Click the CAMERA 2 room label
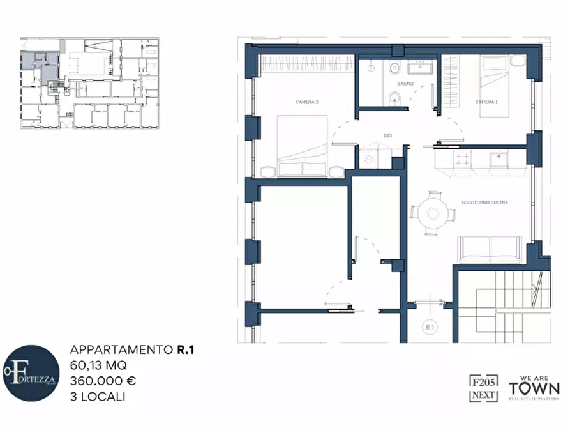pos(307,102)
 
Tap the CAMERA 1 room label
pos(486,102)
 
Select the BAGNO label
pos(405,84)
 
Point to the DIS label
pos(387,135)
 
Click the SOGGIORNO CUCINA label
pos(484,203)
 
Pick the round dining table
pos(433,212)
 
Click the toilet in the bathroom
pos(394,98)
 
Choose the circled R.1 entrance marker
pos(430,327)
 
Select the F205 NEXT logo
pos(484,388)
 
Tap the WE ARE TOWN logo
pos(534,388)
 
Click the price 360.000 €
pos(103,381)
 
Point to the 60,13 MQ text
pos(98,365)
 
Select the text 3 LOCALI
pos(98,396)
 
